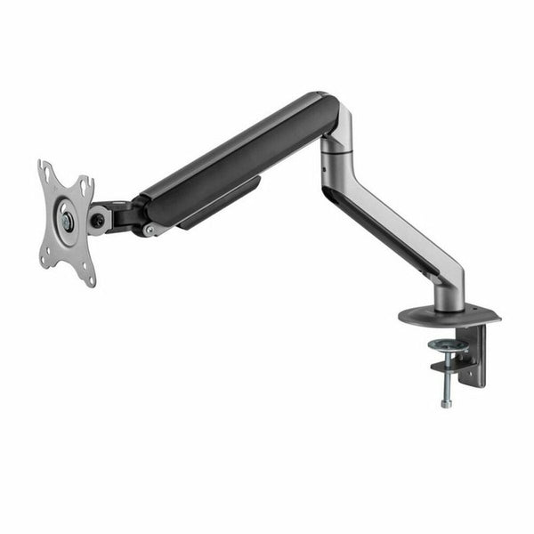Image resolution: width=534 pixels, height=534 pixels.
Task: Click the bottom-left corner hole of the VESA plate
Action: (44, 259)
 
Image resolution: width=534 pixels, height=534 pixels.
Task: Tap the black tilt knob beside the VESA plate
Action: (97, 219)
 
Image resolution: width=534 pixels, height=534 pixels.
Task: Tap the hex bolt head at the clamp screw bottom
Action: (446, 402)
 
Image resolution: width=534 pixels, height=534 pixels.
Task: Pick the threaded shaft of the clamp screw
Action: (445, 378)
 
